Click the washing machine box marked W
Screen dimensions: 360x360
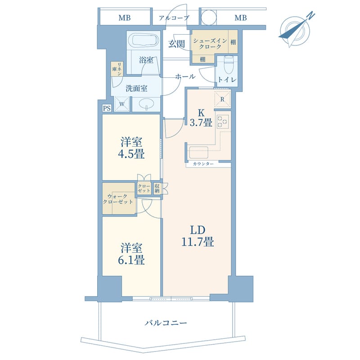click(x=122, y=104)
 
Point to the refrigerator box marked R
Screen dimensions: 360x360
click(x=222, y=99)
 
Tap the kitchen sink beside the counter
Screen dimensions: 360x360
click(x=198, y=152)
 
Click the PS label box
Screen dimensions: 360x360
click(x=107, y=108)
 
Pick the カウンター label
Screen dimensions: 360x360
click(x=203, y=164)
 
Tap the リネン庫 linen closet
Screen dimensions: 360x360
click(x=117, y=69)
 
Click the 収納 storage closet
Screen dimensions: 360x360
click(x=157, y=189)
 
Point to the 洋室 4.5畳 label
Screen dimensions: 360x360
click(x=131, y=148)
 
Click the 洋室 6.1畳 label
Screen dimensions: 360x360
click(x=131, y=254)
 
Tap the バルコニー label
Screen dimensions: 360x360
click(x=166, y=323)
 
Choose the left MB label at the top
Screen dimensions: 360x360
click(x=125, y=18)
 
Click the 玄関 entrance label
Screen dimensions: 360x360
click(x=176, y=44)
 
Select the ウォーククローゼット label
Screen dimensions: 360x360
click(x=118, y=199)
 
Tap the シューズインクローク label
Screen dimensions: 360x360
click(x=210, y=44)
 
